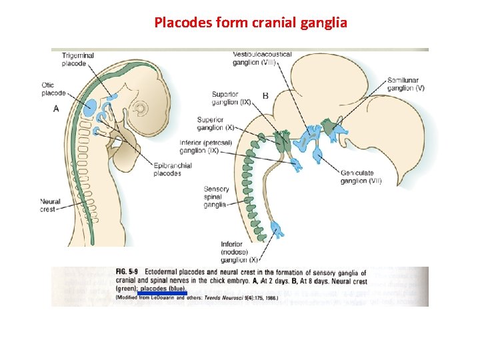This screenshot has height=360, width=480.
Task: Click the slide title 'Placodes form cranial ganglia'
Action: [x=250, y=23]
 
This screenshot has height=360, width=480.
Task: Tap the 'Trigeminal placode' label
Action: [x=78, y=59]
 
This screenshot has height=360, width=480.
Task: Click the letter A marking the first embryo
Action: [x=56, y=108]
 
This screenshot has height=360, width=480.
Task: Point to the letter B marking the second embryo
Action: [x=265, y=96]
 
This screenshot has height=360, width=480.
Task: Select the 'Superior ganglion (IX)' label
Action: [x=231, y=98]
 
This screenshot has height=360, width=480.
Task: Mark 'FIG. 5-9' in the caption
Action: [x=127, y=273]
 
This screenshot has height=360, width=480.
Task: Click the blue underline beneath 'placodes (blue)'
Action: [x=161, y=293]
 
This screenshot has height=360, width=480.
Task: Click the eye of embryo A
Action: [x=141, y=108]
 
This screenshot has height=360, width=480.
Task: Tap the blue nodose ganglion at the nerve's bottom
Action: [x=277, y=231]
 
